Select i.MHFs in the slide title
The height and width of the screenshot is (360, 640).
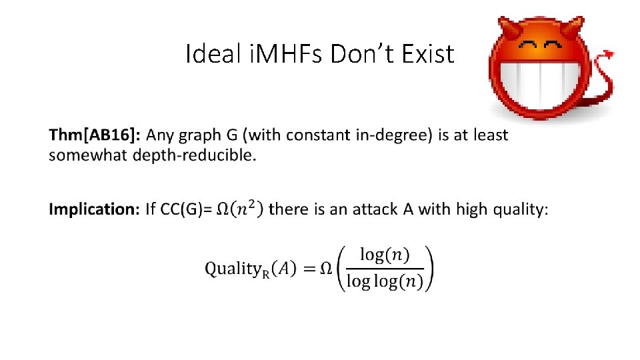[x=287, y=53]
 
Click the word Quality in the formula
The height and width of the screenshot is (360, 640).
[x=232, y=269]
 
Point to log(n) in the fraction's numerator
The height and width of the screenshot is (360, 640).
[x=385, y=255]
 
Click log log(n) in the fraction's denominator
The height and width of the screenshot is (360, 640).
[x=384, y=282]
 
